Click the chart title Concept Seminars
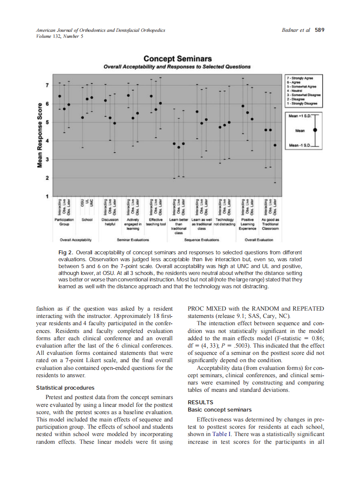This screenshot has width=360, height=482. pyautogui.click(x=177, y=59)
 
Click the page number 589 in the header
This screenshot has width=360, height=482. pyautogui.click(x=319, y=30)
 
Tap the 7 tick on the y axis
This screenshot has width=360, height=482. pyautogui.click(x=47, y=85)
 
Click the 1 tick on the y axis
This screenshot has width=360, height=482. pyautogui.click(x=47, y=196)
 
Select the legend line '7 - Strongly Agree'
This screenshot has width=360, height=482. pyautogui.click(x=301, y=78)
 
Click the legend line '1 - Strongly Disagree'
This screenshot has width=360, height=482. pyautogui.click(x=302, y=104)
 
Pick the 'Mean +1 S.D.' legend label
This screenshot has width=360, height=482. pyautogui.click(x=299, y=116)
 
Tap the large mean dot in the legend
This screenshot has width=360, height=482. pyautogui.click(x=315, y=129)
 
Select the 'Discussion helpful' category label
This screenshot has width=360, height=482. pyautogui.click(x=110, y=222)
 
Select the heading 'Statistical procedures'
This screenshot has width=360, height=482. pyautogui.click(x=64, y=388)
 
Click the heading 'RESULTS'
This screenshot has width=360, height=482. pyautogui.click(x=200, y=402)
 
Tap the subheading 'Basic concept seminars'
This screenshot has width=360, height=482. pyautogui.click(x=219, y=409)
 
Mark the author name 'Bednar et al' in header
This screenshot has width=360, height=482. pyautogui.click(x=296, y=30)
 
